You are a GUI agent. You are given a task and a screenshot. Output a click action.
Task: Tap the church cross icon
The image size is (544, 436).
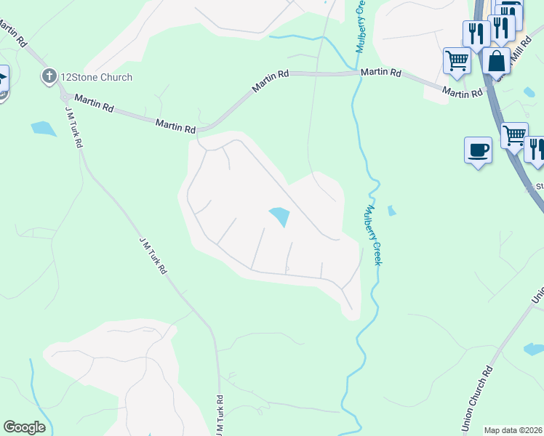49,76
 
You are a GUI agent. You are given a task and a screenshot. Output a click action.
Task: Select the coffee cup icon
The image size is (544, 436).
478,150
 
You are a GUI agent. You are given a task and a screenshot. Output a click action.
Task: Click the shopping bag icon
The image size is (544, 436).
497,62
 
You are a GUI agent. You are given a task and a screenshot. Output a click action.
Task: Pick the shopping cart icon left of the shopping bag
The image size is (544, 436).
457,61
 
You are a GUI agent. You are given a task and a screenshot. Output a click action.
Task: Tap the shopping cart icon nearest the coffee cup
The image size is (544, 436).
514,135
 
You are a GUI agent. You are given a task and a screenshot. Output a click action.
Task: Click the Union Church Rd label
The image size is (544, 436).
476,400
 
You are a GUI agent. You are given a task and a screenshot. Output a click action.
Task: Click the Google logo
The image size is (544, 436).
24,427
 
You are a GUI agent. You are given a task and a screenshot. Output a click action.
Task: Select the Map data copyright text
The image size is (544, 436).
513,430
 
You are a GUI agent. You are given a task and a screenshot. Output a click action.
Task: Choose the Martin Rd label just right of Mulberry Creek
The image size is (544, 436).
381,73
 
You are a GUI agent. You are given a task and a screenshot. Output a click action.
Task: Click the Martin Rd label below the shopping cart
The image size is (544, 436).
463,93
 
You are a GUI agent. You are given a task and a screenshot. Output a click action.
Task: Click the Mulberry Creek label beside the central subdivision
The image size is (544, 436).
372,235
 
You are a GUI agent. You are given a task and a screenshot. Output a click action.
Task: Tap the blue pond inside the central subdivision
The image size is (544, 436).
279,217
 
